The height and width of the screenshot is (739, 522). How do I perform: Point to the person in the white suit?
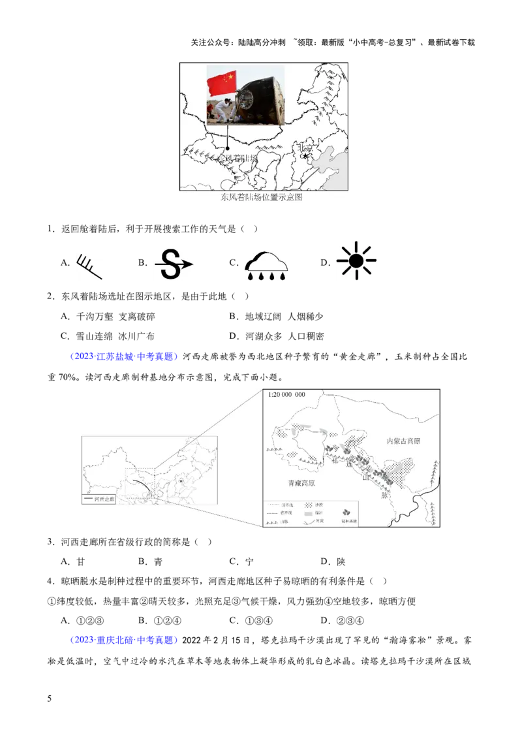(x=223, y=110)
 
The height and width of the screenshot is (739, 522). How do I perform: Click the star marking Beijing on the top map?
(x=305, y=156)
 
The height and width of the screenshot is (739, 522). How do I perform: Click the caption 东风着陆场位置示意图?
(x=261, y=197)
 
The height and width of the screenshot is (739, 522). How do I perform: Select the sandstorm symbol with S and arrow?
(x=174, y=264)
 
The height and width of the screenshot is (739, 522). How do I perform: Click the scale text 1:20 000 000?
(x=286, y=395)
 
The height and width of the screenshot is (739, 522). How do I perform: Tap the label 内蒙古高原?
(x=403, y=441)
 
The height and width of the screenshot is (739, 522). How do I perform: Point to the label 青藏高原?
(x=301, y=484)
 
